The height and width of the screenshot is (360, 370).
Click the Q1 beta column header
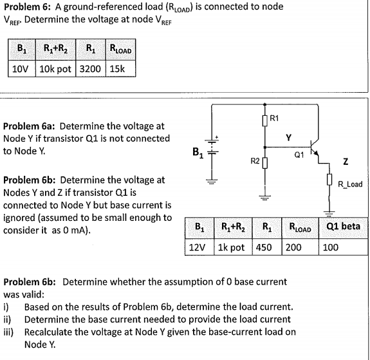pos(344,227)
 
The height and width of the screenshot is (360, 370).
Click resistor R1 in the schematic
pos(264,118)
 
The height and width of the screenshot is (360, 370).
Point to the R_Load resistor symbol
pos(330,185)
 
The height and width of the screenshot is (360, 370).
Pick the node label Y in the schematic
pos(289,136)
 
